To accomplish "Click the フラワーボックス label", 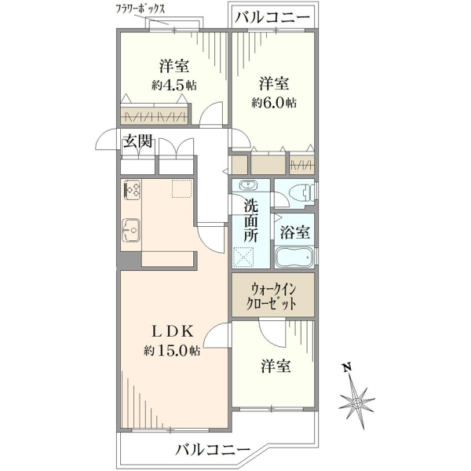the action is click(x=141, y=9).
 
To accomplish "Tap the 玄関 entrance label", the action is click(x=138, y=141).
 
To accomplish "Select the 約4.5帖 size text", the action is click(x=174, y=86).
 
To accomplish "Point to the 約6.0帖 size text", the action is click(x=274, y=103).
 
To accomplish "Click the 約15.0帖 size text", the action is click(x=172, y=350).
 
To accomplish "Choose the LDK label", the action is click(x=172, y=331).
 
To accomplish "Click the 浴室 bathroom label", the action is click(x=294, y=232).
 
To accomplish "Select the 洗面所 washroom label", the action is click(x=250, y=221).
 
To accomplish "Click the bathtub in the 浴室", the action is click(x=294, y=257).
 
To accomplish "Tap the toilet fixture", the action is click(x=303, y=192).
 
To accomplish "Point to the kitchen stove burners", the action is click(x=131, y=189).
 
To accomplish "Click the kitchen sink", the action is click(x=131, y=230).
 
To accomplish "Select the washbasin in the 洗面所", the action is click(x=248, y=185).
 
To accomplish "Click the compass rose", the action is click(x=357, y=403).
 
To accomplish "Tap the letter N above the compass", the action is click(x=348, y=367).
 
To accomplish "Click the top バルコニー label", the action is click(x=272, y=17).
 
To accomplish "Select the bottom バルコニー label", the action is click(x=213, y=450).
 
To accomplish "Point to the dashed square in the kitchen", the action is click(x=182, y=188).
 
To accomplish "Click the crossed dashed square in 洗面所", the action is click(x=243, y=257).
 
